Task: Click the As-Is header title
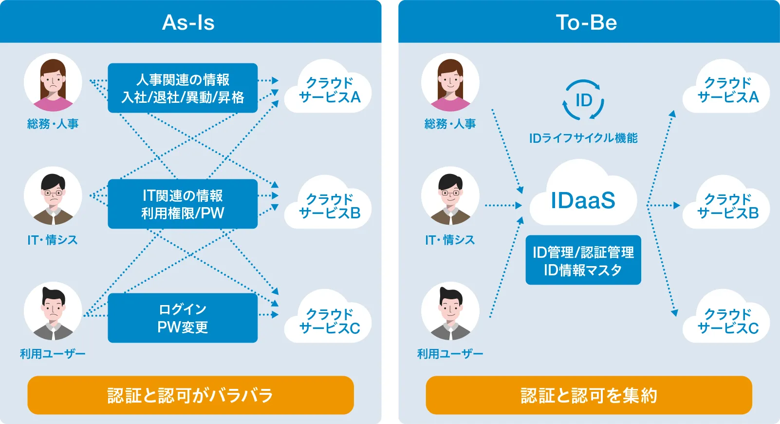[188, 23]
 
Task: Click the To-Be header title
[586, 23]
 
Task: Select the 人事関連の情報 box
[183, 88]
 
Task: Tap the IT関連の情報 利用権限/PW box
[183, 204]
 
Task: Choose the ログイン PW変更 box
[183, 318]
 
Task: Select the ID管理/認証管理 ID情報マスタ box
[583, 260]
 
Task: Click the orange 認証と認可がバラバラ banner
[190, 395]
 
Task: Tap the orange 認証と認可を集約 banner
[589, 395]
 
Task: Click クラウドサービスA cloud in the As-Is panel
[328, 87]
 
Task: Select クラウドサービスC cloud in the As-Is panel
[328, 317]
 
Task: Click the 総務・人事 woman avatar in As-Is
[53, 82]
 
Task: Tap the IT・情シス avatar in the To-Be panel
[450, 195]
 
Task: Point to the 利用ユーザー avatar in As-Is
[53, 311]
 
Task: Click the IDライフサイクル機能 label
[583, 138]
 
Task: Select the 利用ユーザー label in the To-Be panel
[450, 354]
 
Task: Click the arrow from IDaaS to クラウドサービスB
[663, 205]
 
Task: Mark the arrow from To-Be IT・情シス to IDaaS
[503, 205]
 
